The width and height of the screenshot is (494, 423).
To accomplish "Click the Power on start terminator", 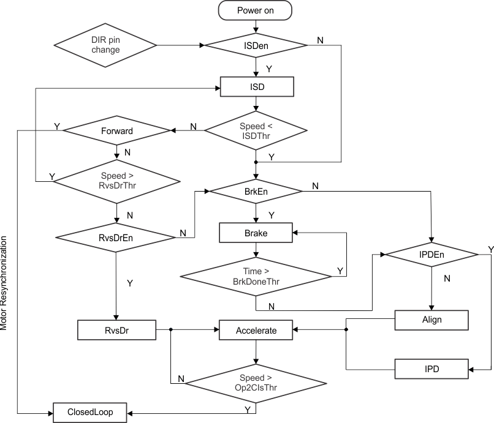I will coord(256,11).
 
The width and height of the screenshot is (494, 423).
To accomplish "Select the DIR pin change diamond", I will coord(106,45).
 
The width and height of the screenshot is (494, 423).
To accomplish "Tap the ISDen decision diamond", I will coord(256,45).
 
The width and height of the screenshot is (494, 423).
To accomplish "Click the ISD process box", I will coord(257,87).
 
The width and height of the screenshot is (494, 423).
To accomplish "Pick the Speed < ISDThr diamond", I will coord(256,130).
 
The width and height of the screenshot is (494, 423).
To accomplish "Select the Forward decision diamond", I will coord(116,130).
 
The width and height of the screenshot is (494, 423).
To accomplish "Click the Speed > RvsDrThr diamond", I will coord(116,181).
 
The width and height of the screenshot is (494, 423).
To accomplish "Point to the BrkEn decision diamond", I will coord(256,191).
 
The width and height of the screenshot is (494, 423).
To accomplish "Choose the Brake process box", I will coord(256,233).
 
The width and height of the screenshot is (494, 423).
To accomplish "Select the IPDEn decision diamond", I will coord(431,253).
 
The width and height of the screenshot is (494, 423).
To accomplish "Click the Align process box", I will coord(431,320).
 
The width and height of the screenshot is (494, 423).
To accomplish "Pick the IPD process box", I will coord(431,369).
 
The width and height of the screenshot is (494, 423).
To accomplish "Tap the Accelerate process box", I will coord(256,331).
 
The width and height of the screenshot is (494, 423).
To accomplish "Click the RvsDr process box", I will coord(116,331).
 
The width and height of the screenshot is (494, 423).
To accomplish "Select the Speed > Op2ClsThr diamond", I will coord(256,383).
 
